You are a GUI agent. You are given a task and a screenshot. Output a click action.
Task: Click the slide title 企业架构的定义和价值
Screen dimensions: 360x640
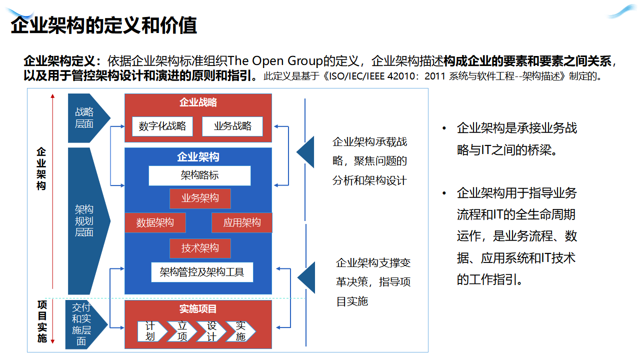[104, 25]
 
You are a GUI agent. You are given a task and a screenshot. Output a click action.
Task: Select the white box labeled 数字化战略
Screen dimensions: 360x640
[162, 126]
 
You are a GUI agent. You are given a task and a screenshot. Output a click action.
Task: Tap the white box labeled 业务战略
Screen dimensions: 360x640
[232, 126]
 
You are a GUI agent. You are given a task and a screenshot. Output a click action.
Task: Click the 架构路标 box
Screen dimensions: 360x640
[199, 175]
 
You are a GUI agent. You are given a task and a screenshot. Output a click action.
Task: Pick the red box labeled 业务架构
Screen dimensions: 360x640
[200, 198]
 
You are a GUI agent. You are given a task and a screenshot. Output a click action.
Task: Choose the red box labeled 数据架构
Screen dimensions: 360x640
[155, 222]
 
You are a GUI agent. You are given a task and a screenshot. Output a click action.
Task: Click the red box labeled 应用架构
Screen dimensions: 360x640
[241, 222]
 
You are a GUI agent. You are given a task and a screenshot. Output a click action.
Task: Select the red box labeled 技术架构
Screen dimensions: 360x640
[200, 248]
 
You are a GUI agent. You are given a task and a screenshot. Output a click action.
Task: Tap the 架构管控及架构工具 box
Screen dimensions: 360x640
[202, 272]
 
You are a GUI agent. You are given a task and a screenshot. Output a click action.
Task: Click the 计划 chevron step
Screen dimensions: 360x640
[151, 331]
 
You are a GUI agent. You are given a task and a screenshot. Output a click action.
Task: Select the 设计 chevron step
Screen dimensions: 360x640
[211, 331]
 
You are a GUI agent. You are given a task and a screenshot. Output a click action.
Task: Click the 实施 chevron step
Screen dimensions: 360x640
[241, 331]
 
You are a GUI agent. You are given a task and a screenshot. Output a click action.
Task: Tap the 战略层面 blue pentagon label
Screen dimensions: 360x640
[85, 118]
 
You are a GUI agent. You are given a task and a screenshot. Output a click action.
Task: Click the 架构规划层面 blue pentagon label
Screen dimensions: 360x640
[85, 220]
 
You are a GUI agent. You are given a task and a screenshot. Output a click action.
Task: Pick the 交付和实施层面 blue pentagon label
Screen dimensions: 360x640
[82, 324]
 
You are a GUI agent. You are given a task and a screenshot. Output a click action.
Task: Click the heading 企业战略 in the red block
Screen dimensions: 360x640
[198, 102]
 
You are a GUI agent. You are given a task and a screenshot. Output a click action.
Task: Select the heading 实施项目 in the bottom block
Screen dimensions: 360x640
[198, 309]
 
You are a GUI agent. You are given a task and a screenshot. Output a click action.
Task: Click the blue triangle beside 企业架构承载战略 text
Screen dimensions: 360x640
[306, 151]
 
